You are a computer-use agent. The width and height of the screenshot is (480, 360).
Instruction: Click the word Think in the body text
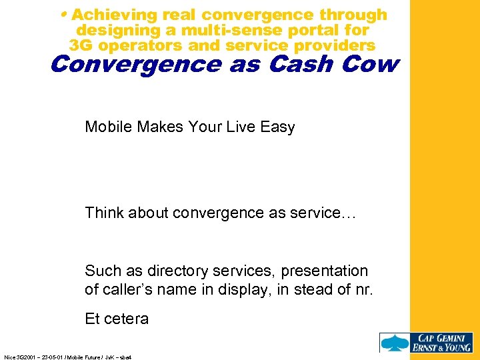click(103, 213)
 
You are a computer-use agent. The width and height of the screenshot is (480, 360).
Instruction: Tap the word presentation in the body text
click(325, 271)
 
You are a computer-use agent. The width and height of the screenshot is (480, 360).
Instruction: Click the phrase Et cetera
click(117, 319)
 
